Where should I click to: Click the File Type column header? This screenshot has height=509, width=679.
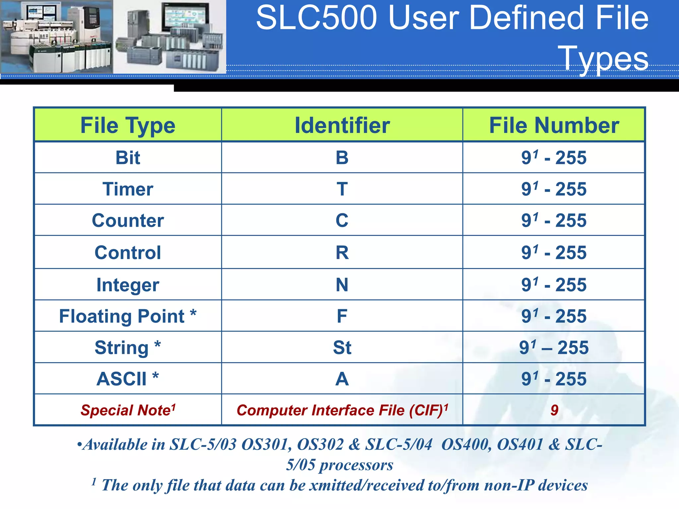tap(128, 126)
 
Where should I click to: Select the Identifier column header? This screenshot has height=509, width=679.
tap(342, 126)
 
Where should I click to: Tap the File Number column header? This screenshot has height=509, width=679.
tap(554, 126)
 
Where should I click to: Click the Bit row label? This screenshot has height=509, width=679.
tap(128, 157)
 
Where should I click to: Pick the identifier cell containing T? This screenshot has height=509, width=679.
tap(342, 189)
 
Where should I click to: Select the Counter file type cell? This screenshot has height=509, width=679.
tap(128, 220)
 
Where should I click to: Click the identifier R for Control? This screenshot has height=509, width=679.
tap(342, 253)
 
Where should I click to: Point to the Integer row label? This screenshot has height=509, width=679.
tap(128, 285)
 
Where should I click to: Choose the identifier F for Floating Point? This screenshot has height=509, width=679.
tap(342, 316)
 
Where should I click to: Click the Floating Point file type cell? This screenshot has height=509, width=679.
tap(128, 316)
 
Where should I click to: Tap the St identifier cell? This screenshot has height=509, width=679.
tap(342, 347)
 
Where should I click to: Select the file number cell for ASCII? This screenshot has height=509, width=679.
tap(554, 379)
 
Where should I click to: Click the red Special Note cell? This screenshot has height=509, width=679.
tap(128, 410)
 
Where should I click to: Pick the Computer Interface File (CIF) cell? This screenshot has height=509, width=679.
tap(342, 410)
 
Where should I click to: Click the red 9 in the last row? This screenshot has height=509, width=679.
tap(554, 410)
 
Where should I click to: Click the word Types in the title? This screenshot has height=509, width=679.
tap(603, 58)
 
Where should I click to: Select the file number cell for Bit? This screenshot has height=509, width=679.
tap(554, 157)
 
